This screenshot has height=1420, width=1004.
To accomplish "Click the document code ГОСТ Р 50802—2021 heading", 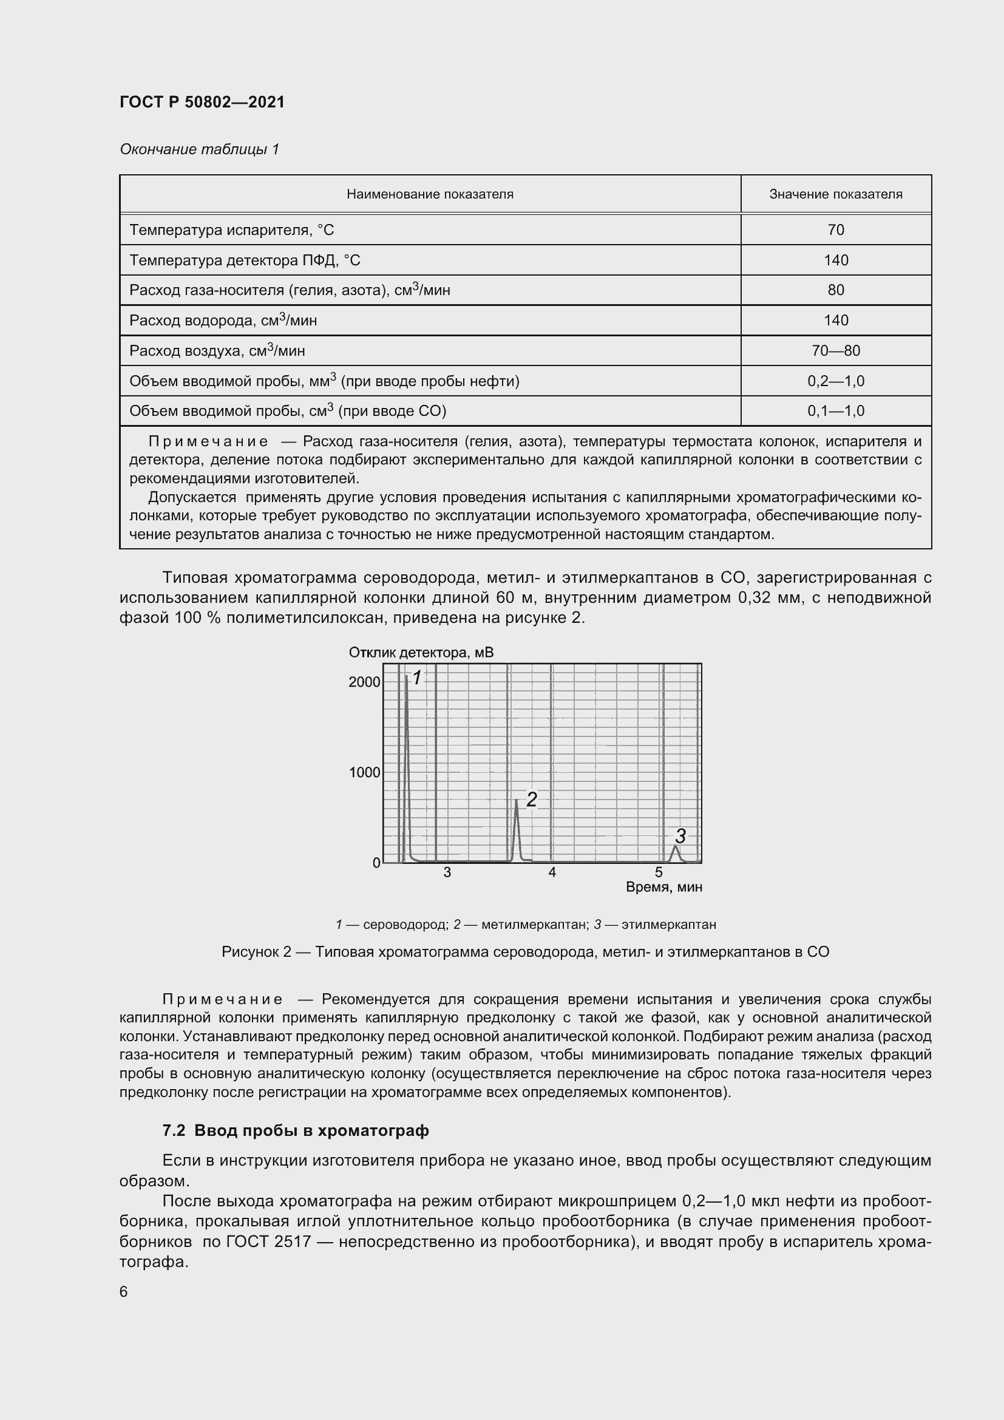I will click(202, 102).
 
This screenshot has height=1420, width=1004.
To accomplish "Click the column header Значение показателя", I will click(835, 194).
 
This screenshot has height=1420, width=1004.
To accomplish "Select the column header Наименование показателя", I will click(430, 194).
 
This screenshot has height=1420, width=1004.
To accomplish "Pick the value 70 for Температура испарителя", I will click(835, 230).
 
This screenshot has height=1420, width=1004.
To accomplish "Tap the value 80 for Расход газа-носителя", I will click(835, 290).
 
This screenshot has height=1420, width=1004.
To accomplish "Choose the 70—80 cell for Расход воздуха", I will click(835, 351).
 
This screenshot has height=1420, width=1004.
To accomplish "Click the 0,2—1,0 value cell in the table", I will click(835, 381).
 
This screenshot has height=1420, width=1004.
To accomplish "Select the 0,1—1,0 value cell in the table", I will click(835, 411).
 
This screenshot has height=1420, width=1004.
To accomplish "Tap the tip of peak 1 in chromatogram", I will click(406, 678).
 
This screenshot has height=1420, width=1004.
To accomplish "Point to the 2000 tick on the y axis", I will click(365, 682).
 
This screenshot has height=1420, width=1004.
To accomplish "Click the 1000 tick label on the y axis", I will click(365, 772).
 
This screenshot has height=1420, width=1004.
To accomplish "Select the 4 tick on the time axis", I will click(552, 872).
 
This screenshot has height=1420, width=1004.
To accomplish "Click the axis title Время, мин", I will click(664, 888).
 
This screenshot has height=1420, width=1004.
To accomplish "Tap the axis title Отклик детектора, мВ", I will click(421, 653).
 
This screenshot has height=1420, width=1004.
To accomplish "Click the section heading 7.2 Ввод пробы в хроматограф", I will click(296, 1130).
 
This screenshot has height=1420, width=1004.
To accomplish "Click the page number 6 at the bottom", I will click(124, 1292).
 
